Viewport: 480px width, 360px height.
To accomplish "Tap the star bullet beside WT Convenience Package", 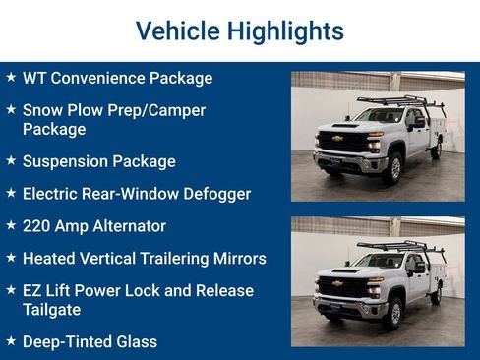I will click(x=11, y=77).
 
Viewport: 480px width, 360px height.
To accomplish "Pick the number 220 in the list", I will click(x=38, y=226).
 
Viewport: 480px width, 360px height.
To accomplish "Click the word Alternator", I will click(x=126, y=226).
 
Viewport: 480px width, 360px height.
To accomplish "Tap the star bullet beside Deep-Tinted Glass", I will click(x=11, y=340).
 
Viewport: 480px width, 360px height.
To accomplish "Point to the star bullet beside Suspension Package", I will click(x=11, y=159).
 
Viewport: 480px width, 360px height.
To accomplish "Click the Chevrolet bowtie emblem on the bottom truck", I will click(x=337, y=283).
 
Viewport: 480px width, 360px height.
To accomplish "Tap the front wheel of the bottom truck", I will click(x=393, y=314).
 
